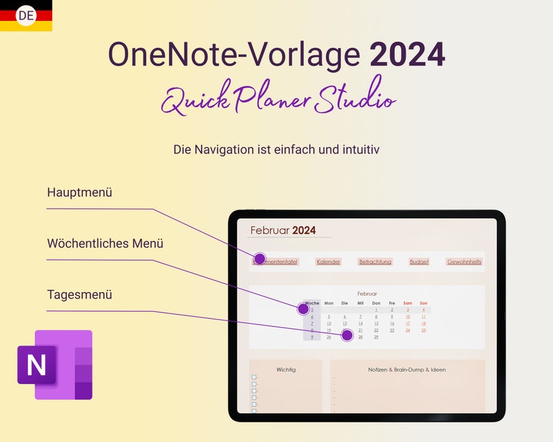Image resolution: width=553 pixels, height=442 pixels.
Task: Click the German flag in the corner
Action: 26,15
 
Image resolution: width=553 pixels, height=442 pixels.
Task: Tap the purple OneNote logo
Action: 55,364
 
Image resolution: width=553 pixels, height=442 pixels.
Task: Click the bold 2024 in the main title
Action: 407,54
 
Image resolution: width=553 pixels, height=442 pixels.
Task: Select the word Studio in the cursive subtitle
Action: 355,100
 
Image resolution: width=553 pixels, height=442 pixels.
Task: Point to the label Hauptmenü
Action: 79,192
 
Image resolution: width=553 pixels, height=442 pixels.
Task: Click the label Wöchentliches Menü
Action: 105,244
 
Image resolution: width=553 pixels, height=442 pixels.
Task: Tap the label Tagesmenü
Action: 79,294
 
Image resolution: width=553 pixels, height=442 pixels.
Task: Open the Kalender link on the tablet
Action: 328,262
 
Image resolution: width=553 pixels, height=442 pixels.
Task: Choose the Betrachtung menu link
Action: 375,262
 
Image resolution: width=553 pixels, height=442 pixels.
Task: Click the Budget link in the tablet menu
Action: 419,262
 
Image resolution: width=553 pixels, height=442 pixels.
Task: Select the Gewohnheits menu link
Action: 464,262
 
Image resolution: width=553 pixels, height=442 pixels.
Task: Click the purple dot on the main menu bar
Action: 260,259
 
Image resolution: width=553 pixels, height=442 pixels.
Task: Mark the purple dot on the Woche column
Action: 303,308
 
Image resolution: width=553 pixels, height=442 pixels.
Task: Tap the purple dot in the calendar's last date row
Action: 348,336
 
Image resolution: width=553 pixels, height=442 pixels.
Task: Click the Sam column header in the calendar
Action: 407,303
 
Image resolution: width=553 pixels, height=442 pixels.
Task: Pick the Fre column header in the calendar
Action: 392,303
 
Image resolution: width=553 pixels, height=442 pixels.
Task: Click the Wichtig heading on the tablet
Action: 286,370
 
